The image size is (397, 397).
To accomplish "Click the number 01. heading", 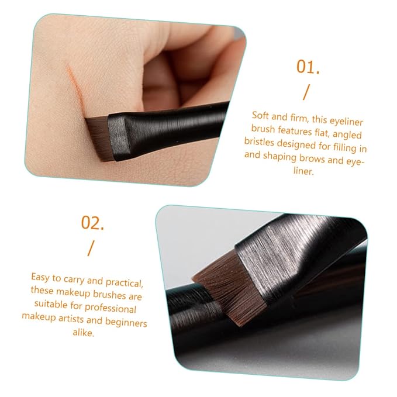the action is tap(308, 67).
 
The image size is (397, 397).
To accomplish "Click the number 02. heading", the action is tap(92, 223).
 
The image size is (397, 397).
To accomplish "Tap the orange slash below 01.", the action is tap(306, 92).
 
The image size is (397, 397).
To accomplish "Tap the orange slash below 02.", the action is tap(91, 248).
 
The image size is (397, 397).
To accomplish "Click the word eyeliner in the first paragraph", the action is tap(346, 121).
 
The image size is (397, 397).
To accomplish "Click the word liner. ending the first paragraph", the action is tap(303, 171).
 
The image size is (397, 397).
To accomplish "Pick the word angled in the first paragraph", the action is tap(347, 134).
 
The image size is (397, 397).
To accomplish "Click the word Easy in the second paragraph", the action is tap(40, 277).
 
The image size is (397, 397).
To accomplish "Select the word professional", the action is tap(111, 308).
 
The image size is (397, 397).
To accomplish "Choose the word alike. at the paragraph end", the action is tap(83, 332).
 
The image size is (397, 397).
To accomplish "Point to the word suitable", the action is tap(51, 303).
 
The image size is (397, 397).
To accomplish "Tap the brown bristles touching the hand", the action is tap(100, 138).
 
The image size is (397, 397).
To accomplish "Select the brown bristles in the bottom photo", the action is tap(230, 289).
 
